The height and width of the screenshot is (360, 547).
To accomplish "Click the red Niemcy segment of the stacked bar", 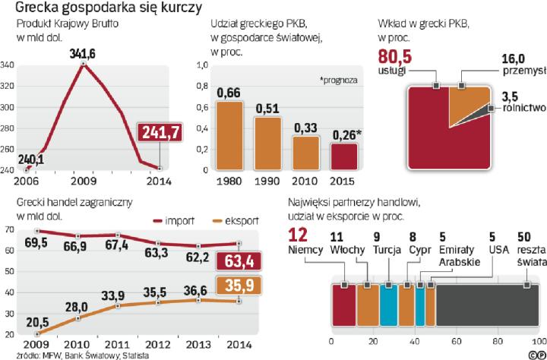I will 343,307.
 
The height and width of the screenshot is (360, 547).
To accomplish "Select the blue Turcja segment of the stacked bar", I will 387,307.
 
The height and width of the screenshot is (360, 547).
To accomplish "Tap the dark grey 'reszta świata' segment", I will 486,307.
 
